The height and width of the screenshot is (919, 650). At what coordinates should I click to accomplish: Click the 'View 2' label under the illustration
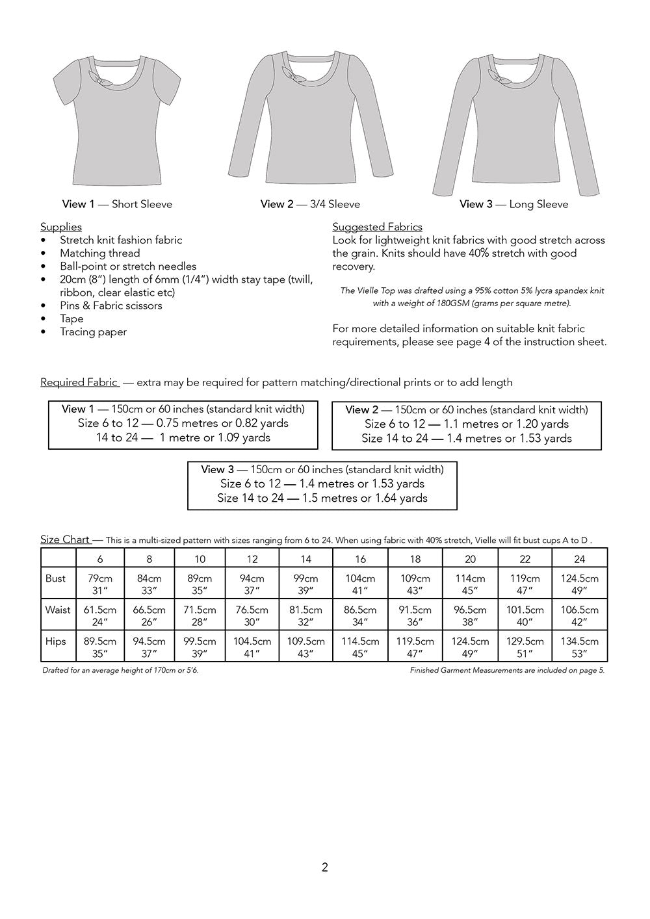(x=272, y=204)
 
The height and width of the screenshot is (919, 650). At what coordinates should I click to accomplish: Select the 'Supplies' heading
(x=61, y=227)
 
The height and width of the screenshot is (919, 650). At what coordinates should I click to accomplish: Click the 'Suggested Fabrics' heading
(x=377, y=227)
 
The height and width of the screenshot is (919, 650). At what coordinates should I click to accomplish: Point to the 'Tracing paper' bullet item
(x=93, y=331)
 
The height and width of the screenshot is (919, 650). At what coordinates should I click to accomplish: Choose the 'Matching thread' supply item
(x=99, y=253)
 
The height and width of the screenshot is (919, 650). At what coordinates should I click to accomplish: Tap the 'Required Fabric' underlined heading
(x=79, y=382)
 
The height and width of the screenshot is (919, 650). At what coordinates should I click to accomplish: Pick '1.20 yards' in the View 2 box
(x=543, y=424)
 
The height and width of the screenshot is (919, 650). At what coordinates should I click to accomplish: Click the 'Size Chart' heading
(x=65, y=539)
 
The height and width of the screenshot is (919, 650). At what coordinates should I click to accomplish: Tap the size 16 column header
(x=360, y=559)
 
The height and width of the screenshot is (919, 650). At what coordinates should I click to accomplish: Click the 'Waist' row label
(x=58, y=610)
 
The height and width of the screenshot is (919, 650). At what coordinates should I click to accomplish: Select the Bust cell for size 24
(x=579, y=584)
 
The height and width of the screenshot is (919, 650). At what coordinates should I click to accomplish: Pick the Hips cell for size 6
(x=100, y=647)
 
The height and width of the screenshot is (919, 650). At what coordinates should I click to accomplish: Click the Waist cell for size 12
(x=252, y=615)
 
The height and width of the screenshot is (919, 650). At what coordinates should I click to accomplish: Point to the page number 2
(x=325, y=867)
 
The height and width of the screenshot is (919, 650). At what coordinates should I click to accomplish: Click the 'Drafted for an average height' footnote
(x=120, y=670)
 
